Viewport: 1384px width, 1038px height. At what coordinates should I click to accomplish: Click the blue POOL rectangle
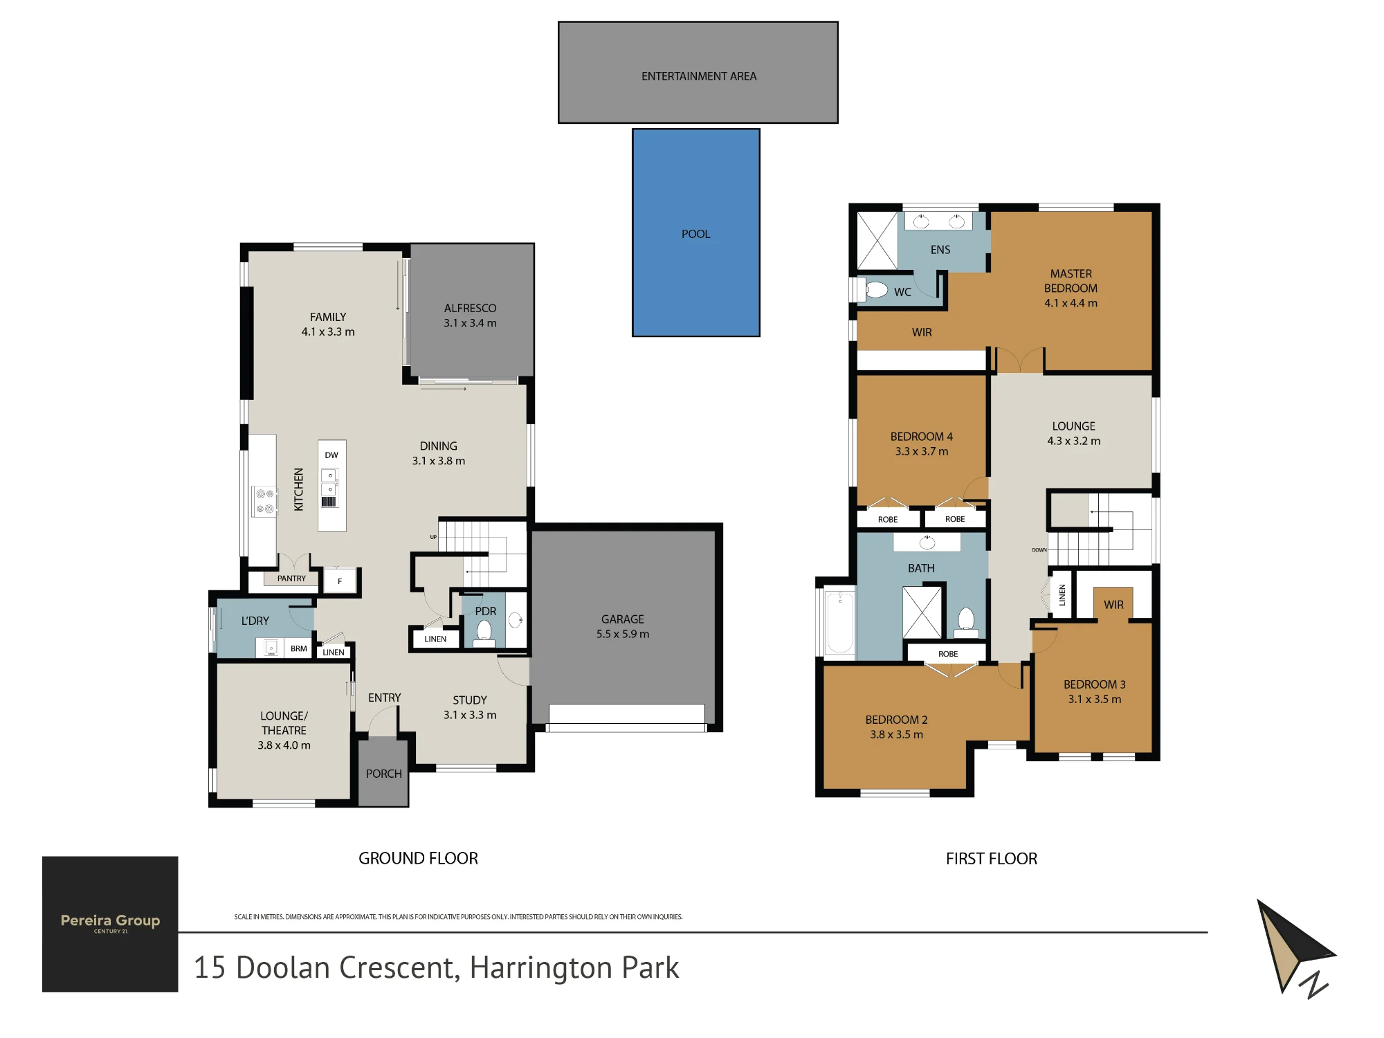point(696,233)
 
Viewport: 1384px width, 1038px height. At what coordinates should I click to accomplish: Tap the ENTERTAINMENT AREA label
point(699,76)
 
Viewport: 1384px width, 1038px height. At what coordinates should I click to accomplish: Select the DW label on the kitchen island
point(331,455)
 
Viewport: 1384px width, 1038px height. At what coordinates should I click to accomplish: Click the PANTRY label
point(291,579)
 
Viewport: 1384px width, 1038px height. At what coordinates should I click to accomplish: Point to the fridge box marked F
point(340,581)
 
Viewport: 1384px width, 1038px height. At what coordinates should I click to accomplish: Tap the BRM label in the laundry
point(299,648)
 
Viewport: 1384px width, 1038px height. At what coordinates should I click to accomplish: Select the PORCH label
point(384,774)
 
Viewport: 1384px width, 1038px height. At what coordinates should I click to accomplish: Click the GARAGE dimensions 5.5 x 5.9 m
point(623,634)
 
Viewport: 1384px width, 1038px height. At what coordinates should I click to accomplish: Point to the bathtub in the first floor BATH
point(840,621)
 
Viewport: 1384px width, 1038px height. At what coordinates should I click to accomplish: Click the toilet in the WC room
point(875,289)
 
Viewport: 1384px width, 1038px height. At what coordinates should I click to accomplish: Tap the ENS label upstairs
point(940,250)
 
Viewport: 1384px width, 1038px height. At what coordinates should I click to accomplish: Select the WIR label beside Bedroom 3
point(1113,605)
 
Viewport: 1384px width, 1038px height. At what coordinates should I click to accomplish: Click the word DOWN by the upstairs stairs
point(1039,550)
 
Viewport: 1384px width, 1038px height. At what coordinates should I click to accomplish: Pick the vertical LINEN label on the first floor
point(1062,595)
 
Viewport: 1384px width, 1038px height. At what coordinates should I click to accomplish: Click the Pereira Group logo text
point(110,920)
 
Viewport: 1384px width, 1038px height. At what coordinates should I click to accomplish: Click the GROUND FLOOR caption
point(418,859)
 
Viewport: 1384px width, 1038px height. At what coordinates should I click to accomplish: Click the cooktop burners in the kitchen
point(265,501)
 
